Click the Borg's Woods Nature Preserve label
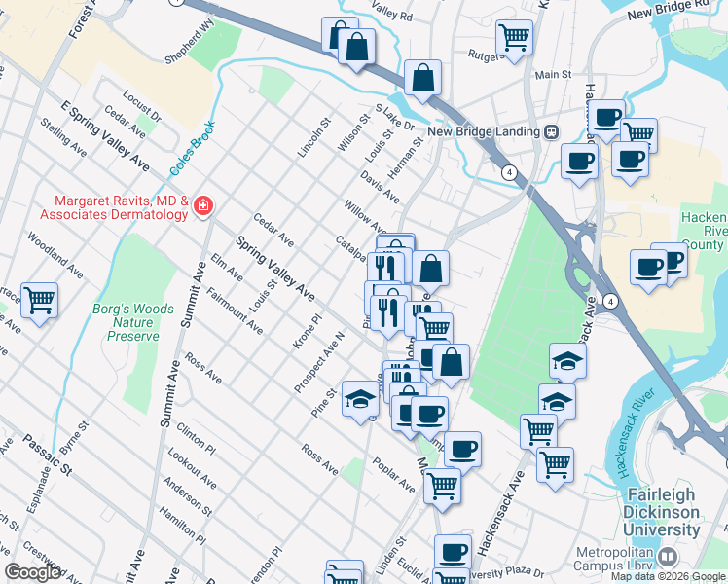132,322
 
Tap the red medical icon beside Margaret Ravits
202,206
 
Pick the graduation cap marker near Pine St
360,400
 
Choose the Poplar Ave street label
393,473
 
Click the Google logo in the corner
31,572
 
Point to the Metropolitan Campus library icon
667,558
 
